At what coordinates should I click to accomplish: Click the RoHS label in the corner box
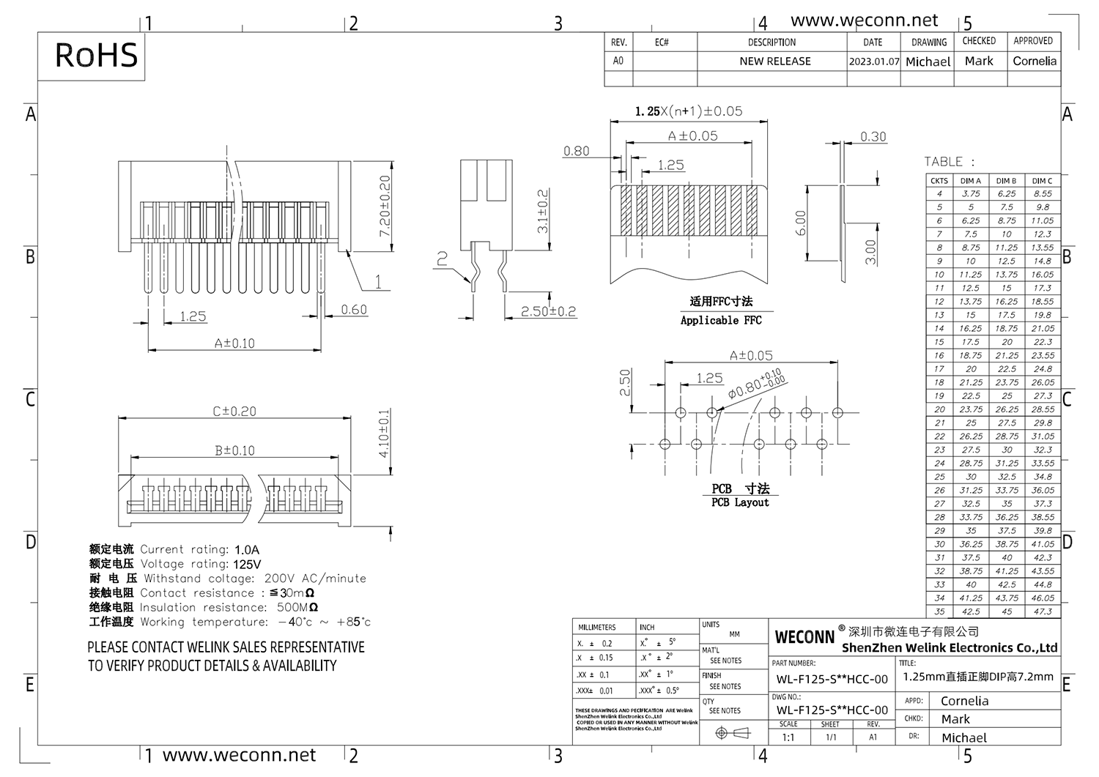pos(96,56)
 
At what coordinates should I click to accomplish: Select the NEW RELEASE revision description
pos(774,62)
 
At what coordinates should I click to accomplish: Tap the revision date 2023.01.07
pos(873,62)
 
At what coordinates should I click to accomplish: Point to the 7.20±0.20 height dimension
pos(385,206)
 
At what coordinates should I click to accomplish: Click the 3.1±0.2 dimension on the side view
pos(543,212)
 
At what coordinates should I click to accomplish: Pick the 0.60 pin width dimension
pos(354,310)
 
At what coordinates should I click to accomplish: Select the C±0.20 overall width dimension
pos(234,412)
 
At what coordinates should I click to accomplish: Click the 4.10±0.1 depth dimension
pos(385,434)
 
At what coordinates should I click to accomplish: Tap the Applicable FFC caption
pos(721,320)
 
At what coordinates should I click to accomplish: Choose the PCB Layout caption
pos(740,502)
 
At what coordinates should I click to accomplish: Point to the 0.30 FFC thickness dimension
pos(873,137)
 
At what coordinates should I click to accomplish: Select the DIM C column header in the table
pos(1042,180)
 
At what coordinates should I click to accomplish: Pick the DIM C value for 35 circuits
pos(1043,611)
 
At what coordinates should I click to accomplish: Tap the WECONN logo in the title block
pos(804,637)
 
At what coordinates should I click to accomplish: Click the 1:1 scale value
pos(788,737)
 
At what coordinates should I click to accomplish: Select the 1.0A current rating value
pos(247,549)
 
